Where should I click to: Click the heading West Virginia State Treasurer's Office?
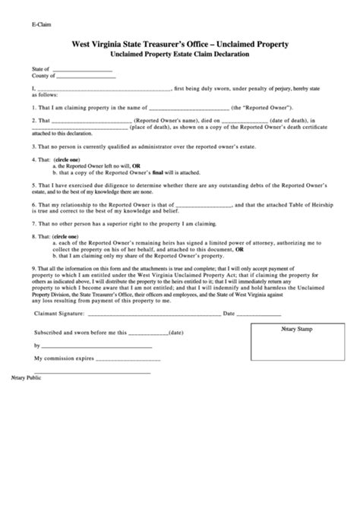(179, 46)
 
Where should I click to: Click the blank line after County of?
(86, 77)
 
